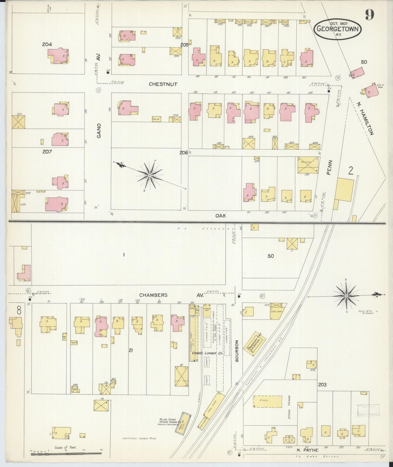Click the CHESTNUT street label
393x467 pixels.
pyautogui.click(x=163, y=84)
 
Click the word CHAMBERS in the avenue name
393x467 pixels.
pyautogui.click(x=153, y=295)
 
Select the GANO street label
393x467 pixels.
pyautogui.click(x=99, y=131)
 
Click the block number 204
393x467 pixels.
pyautogui.click(x=47, y=44)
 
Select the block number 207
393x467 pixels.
pyautogui.click(x=47, y=151)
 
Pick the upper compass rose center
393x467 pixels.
pyautogui.click(x=150, y=176)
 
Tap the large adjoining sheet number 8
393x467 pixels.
pyautogui.click(x=18, y=310)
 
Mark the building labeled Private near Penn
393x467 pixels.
pyautogui.click(x=308, y=165)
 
